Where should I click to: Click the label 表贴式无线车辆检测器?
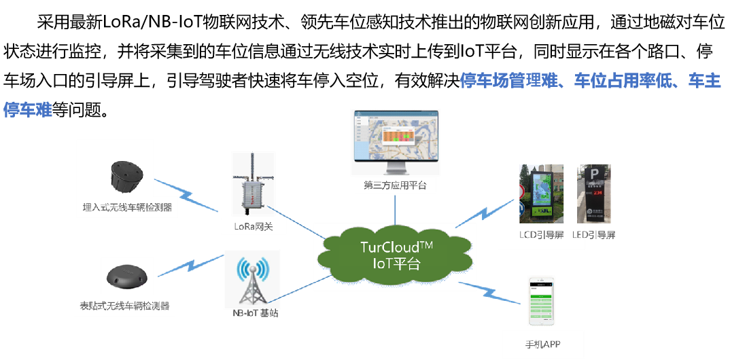pyautogui.click(x=124, y=305)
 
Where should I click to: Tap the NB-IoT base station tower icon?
pyautogui.click(x=252, y=281)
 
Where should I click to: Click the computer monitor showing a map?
pyautogui.click(x=395, y=140)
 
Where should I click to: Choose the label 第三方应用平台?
pyautogui.click(x=395, y=185)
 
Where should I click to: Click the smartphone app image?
pyautogui.click(x=543, y=302)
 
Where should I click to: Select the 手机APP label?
pyautogui.click(x=543, y=342)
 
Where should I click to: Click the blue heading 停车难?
pyautogui.click(x=28, y=110)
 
